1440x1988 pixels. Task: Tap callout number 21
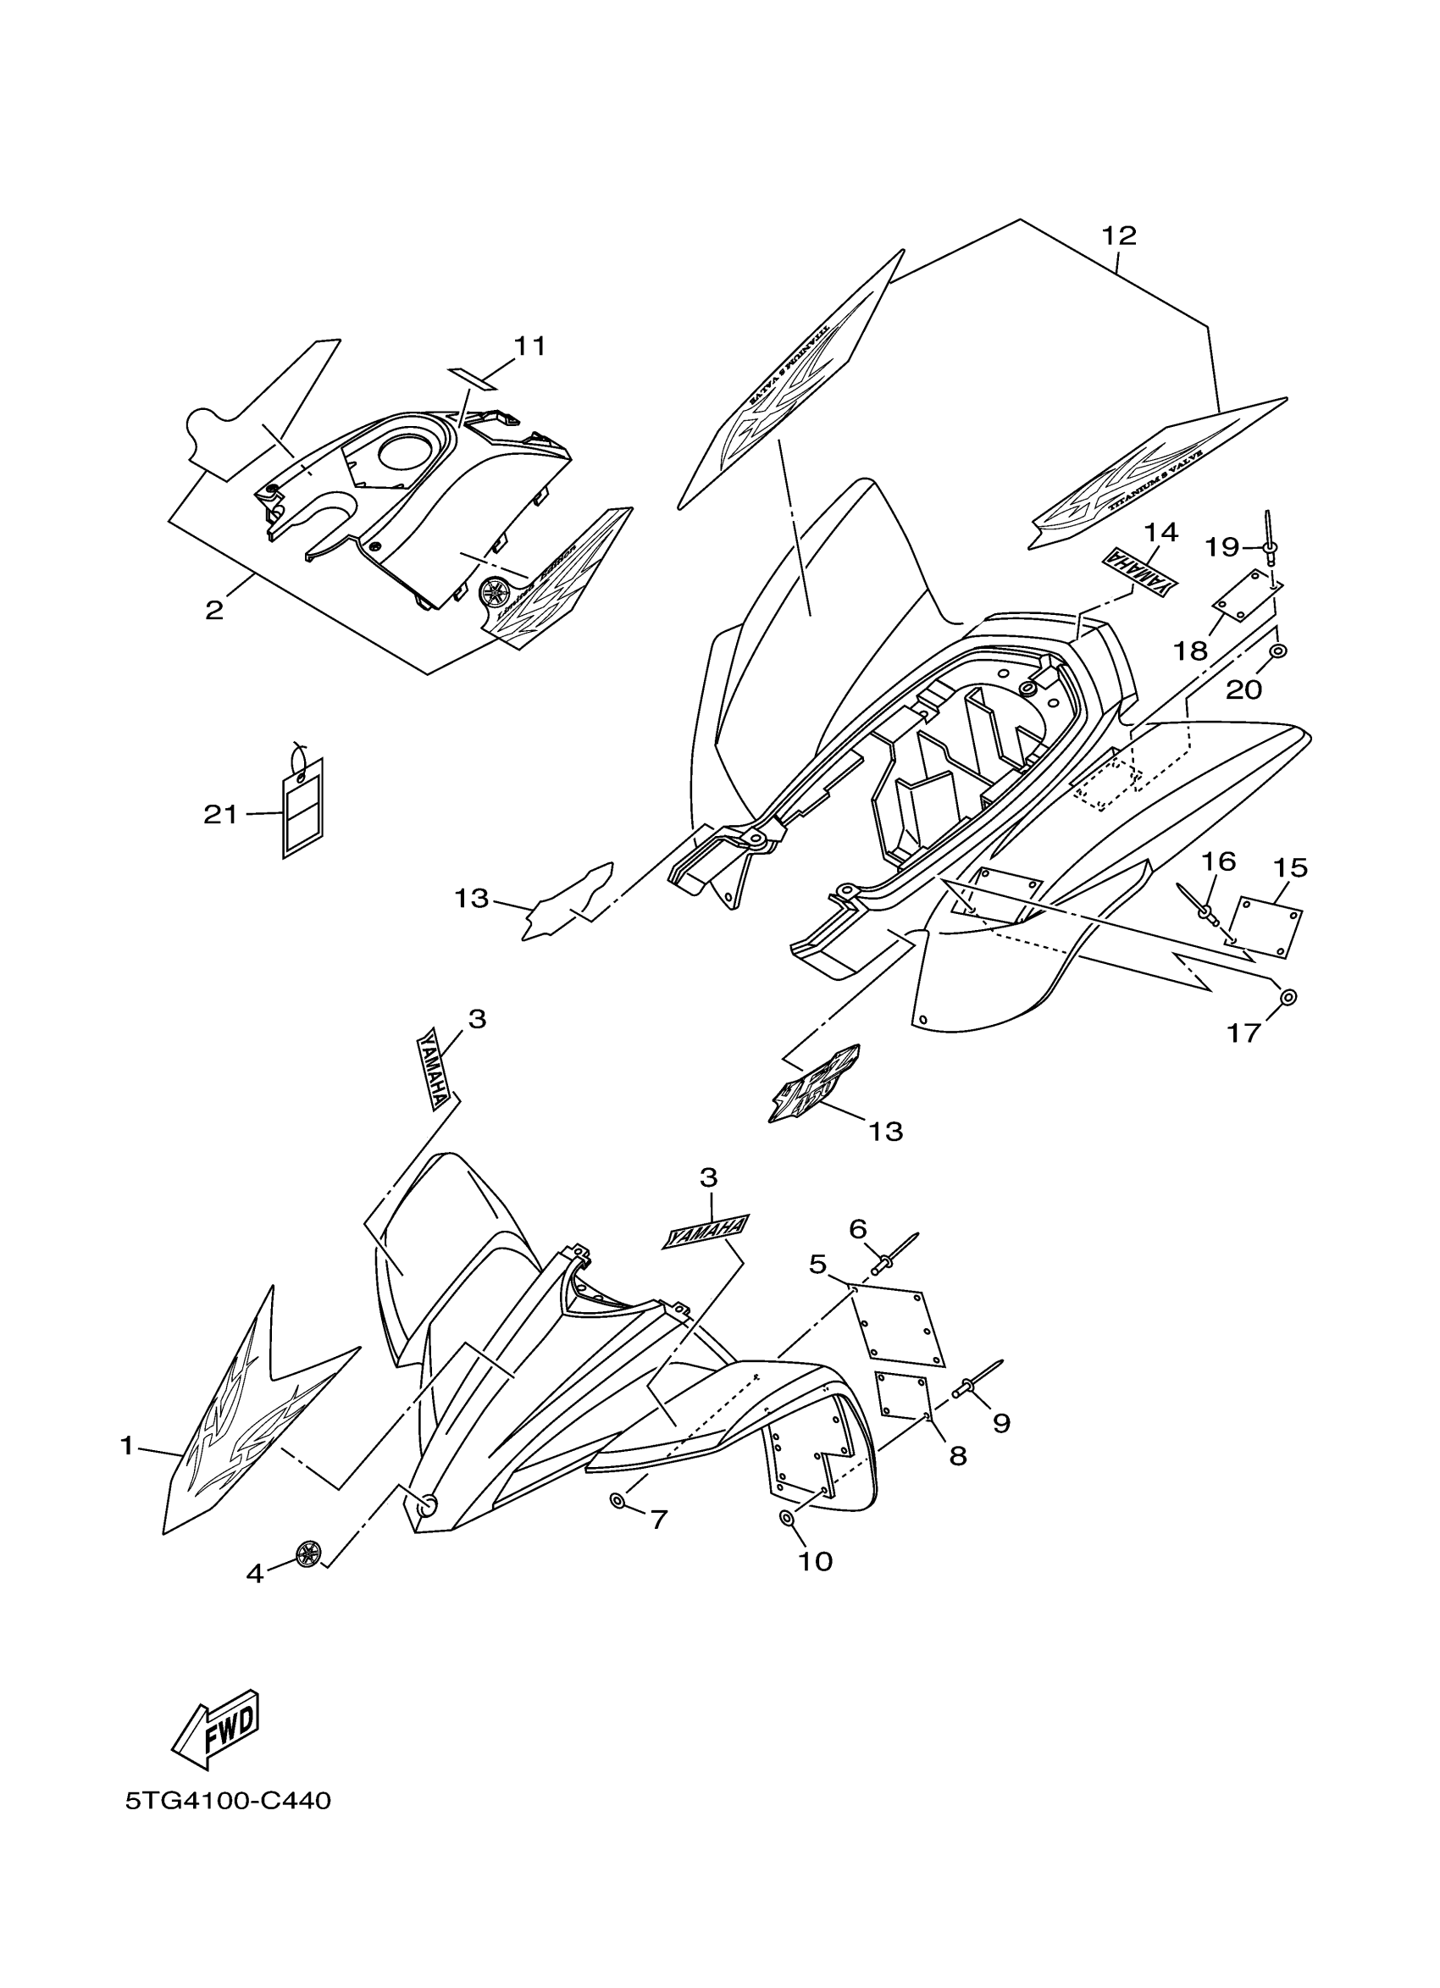(x=220, y=815)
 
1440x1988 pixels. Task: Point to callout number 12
(x=1118, y=235)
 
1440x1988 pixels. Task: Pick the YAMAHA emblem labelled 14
(x=1139, y=573)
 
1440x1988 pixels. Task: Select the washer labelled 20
(x=1279, y=651)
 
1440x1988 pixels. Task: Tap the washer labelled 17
(x=1288, y=998)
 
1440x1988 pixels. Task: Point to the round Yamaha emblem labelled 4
(x=307, y=1554)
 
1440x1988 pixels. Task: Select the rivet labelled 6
(x=892, y=1264)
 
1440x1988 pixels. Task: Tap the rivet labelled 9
(x=975, y=1384)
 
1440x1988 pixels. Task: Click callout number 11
(x=529, y=347)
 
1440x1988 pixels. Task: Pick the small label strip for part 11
(x=474, y=377)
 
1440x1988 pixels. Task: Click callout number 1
(x=127, y=1445)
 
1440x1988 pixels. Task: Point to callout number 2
(x=214, y=610)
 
